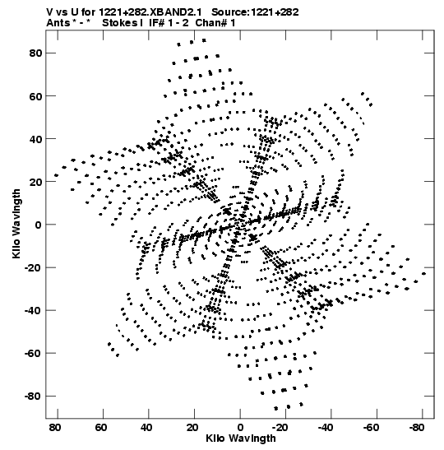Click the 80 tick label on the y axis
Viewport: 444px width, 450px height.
(x=35, y=53)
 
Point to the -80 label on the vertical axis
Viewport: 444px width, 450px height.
(x=33, y=396)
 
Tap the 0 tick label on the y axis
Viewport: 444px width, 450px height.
(x=38, y=225)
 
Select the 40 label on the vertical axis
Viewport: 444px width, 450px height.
(x=35, y=139)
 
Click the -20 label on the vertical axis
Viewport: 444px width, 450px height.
(x=33, y=267)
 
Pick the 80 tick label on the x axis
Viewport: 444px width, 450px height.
(x=55, y=428)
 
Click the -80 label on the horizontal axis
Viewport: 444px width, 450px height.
(x=416, y=428)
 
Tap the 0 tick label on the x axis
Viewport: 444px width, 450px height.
(x=240, y=428)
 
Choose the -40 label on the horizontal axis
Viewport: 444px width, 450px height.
(x=325, y=428)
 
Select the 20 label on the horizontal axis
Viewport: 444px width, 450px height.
(x=192, y=428)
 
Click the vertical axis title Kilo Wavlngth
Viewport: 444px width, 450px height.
(x=16, y=224)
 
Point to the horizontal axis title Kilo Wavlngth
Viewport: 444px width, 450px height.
(x=241, y=438)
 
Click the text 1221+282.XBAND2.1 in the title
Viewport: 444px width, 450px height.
(x=150, y=12)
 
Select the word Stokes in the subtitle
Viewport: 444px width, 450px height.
(x=119, y=23)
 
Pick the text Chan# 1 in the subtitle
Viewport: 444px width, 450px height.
(x=215, y=23)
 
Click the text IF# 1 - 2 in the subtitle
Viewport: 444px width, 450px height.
(x=169, y=23)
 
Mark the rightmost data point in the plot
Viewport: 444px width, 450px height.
(x=424, y=274)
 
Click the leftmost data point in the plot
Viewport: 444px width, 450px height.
(x=56, y=175)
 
